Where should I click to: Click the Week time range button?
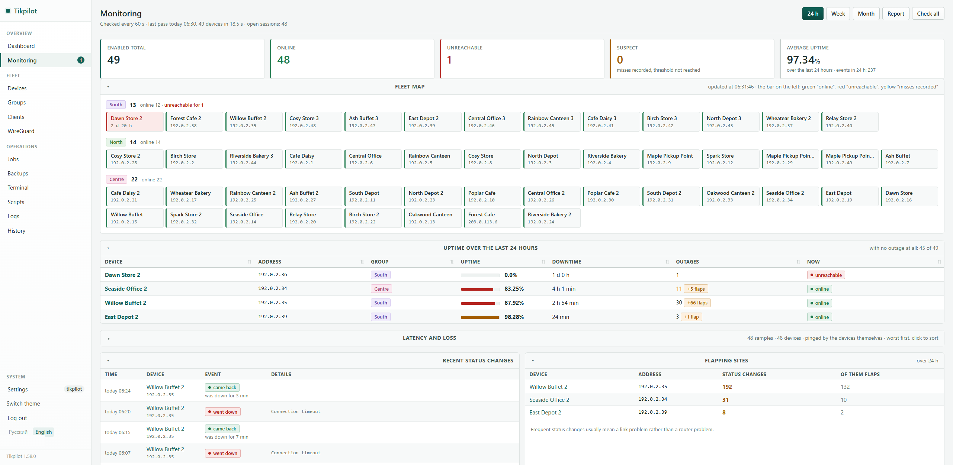tap(838, 14)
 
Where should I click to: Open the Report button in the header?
tap(895, 14)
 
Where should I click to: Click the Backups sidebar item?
tap(18, 174)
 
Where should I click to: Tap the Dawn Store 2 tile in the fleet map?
tap(135, 122)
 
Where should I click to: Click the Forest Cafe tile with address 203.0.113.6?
tap(492, 218)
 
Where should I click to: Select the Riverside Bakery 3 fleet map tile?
tap(254, 159)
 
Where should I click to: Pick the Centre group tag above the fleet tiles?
tap(116, 180)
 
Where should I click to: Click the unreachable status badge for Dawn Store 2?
tap(826, 275)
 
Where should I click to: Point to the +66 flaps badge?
tap(697, 303)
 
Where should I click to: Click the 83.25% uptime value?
tap(514, 289)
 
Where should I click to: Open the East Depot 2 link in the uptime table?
tap(121, 317)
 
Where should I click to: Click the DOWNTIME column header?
tap(567, 262)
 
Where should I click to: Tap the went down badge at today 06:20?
tap(223, 412)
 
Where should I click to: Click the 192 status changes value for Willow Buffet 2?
tap(727, 387)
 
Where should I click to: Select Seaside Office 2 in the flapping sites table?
tap(549, 400)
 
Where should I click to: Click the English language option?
tap(44, 432)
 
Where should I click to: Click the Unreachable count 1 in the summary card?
tap(449, 60)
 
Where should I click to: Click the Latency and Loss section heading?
tap(429, 338)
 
